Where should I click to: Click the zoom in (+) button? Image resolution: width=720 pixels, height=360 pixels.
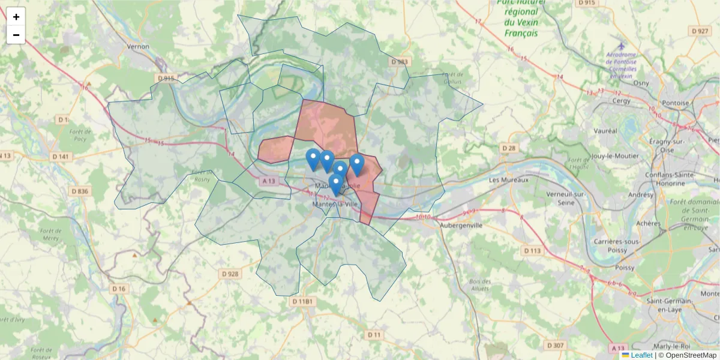(x=16, y=17)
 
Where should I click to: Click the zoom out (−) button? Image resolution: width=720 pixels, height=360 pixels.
(x=16, y=35)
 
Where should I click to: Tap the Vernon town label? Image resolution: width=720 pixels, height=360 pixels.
(x=137, y=46)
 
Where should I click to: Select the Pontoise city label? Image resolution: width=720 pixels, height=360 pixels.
(x=676, y=103)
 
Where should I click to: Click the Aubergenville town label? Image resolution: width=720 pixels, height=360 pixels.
(x=461, y=226)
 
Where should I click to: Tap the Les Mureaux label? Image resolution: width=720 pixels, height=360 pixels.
(x=509, y=180)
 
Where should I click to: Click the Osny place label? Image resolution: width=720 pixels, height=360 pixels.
(x=641, y=83)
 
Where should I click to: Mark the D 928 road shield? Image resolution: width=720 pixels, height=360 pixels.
(x=230, y=274)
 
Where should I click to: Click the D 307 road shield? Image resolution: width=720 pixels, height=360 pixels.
(x=556, y=345)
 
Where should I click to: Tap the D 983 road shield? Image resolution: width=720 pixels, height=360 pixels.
(x=399, y=62)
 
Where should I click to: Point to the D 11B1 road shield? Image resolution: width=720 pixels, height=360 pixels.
(x=302, y=301)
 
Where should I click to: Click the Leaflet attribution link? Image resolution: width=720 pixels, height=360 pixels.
(x=641, y=355)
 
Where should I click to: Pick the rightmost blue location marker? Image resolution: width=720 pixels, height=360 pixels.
(x=357, y=164)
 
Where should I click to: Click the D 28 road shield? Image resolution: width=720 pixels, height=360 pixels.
(x=508, y=148)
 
